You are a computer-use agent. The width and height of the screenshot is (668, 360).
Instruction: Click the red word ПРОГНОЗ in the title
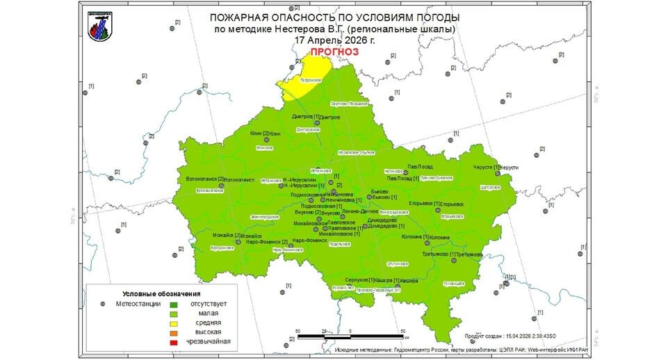[334, 51]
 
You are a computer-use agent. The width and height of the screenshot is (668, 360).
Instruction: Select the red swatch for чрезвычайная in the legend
[174, 341]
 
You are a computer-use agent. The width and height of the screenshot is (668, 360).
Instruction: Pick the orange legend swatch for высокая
[174, 332]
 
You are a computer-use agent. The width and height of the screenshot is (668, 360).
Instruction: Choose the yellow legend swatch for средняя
[174, 322]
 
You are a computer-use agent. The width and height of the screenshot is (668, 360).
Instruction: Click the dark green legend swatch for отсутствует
[174, 304]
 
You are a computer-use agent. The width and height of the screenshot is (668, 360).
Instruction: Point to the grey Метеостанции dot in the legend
[102, 304]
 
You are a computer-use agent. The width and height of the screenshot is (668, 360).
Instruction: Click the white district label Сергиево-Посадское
[348, 103]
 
